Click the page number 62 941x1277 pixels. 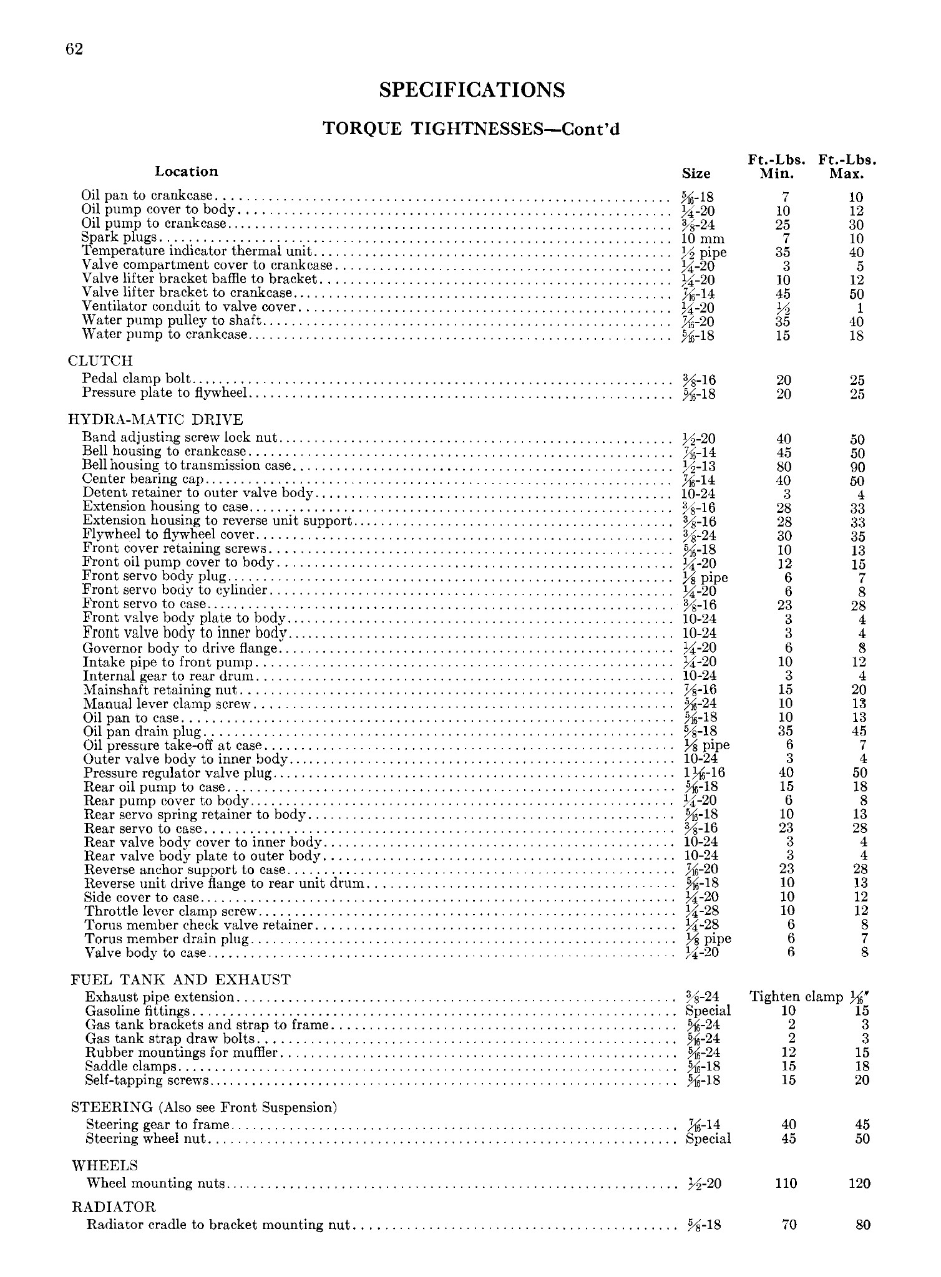pyautogui.click(x=74, y=50)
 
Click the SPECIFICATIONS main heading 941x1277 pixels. pyautogui.click(x=472, y=90)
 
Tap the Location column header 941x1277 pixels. pyautogui.click(x=187, y=171)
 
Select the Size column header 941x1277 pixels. pyautogui.click(x=696, y=173)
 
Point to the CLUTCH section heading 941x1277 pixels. pyautogui.click(x=100, y=361)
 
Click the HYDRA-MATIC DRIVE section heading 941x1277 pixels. pyautogui.click(x=155, y=419)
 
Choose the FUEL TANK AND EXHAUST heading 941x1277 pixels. pyautogui.click(x=181, y=979)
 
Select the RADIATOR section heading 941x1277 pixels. pyautogui.click(x=114, y=1207)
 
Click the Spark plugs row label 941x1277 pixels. pyautogui.click(x=119, y=238)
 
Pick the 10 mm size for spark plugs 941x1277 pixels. pyautogui.click(x=703, y=239)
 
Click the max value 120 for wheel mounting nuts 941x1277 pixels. pyautogui.click(x=859, y=1183)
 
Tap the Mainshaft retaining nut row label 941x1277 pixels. pyautogui.click(x=161, y=690)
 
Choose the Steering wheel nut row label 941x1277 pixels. pyautogui.click(x=146, y=1139)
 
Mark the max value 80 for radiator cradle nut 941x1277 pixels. pyautogui.click(x=862, y=1225)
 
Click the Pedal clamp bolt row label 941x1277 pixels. pyautogui.click(x=137, y=379)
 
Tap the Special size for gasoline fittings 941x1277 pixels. pyautogui.click(x=708, y=1011)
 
